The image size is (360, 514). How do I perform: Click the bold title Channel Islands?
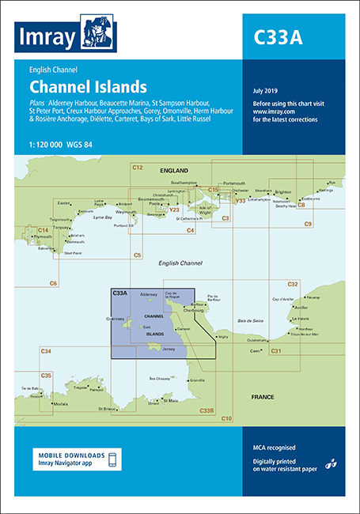[88, 86]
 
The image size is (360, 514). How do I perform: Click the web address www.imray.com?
[274, 113]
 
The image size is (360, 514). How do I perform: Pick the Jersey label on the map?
[168, 349]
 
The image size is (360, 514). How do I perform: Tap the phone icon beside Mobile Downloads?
[112, 460]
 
